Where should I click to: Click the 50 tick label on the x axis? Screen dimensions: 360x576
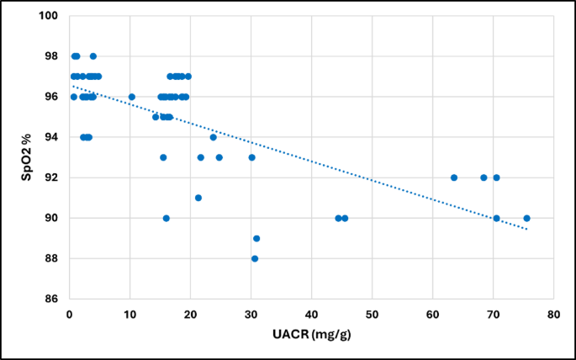[372, 314]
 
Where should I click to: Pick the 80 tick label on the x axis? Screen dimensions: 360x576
[553, 314]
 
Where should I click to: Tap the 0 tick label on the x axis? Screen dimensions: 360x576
[69, 314]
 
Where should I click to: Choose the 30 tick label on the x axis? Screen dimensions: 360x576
[251, 314]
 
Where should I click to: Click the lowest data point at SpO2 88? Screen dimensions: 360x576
[255, 258]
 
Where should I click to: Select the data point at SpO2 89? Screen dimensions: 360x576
[256, 238]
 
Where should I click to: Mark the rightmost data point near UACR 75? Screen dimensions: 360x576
[526, 218]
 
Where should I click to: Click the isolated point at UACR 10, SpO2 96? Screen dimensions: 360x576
[131, 97]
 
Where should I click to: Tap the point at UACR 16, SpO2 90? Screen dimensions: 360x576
[166, 218]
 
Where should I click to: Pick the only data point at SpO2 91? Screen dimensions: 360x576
[198, 198]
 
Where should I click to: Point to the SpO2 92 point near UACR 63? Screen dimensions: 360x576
[454, 177]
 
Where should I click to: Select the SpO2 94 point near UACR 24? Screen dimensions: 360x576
[213, 137]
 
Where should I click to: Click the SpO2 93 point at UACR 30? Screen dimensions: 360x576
[251, 157]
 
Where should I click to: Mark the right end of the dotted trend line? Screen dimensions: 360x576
[528, 229]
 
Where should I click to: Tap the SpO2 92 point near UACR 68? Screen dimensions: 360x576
[484, 177]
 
